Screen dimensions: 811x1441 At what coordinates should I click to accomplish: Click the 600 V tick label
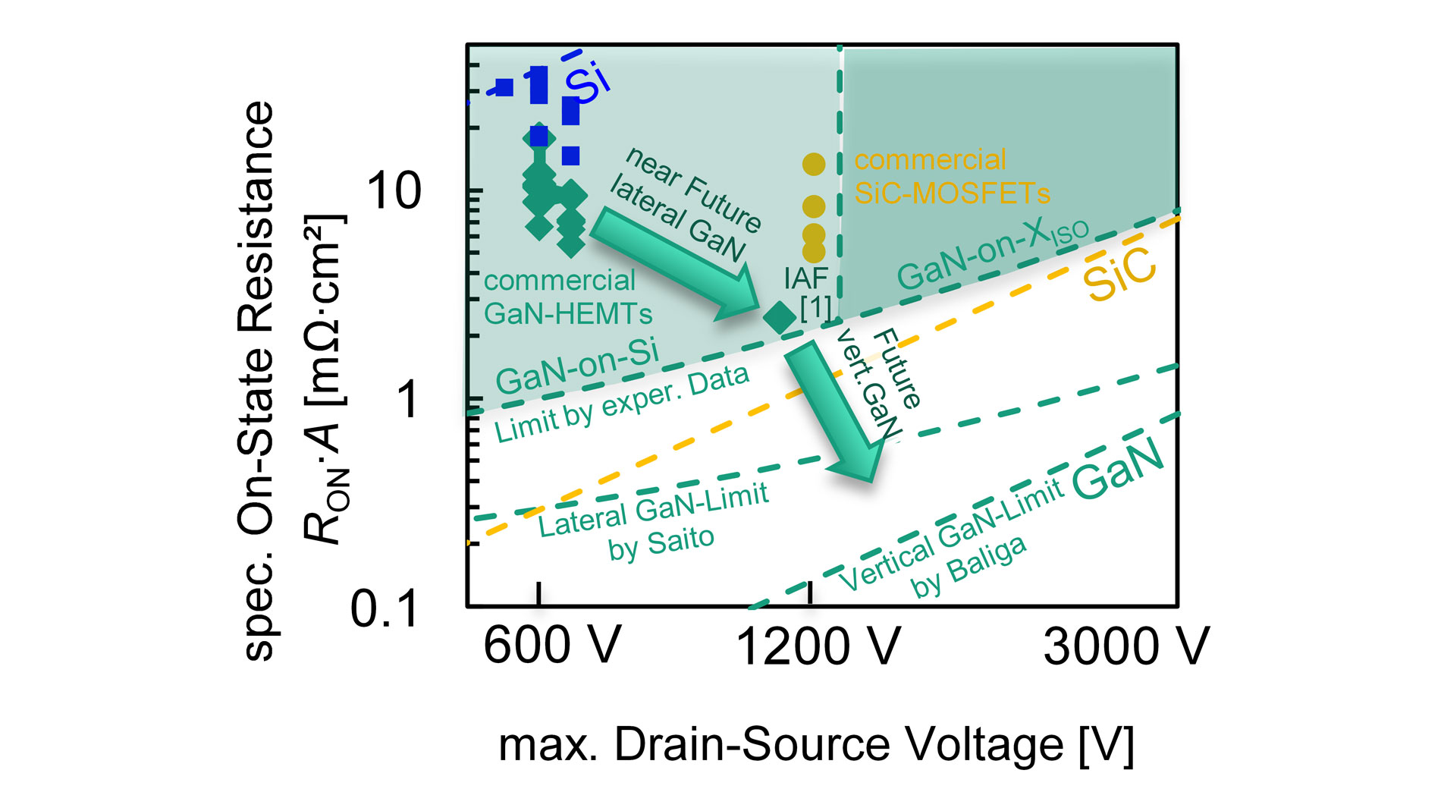551,646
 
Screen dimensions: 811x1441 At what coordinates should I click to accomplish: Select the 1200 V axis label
818,647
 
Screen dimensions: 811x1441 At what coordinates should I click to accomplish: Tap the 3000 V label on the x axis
1125,647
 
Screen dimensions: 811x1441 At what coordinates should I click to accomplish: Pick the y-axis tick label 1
408,400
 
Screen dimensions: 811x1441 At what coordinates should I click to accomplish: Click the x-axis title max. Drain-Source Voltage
816,744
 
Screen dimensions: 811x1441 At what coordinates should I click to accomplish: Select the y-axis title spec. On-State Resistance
256,379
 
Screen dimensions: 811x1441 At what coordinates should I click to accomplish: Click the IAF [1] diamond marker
779,317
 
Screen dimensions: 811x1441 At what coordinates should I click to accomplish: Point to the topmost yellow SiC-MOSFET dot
814,164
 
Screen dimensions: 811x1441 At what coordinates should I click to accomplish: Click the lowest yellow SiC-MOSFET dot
814,251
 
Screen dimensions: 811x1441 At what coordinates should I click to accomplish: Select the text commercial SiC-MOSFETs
951,177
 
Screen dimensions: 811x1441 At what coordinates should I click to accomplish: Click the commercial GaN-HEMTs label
567,297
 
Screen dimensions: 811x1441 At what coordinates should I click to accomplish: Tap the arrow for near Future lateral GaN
675,266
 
